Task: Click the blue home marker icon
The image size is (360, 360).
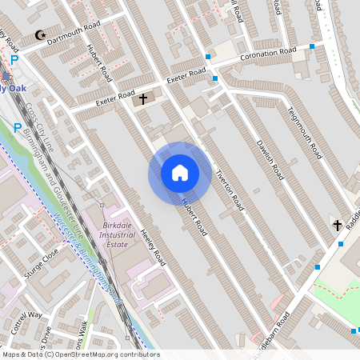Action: click(x=179, y=173)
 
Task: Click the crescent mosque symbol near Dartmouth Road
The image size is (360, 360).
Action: click(x=41, y=35)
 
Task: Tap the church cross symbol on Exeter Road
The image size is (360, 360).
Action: click(x=144, y=99)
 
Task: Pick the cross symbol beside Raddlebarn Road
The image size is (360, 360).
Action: click(x=337, y=225)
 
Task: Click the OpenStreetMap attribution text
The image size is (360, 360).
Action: click(x=80, y=354)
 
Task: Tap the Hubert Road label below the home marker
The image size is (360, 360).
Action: click(x=194, y=216)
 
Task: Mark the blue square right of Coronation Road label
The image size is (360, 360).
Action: click(x=312, y=46)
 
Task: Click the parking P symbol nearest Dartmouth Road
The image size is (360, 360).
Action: click(x=15, y=60)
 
